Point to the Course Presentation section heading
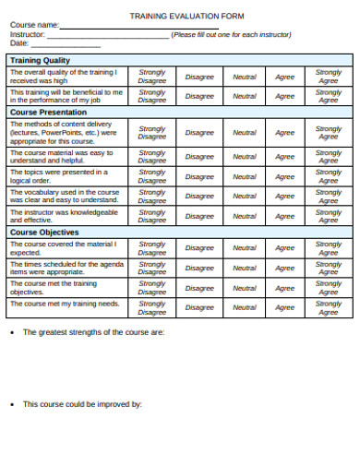(48, 112)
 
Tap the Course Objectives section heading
(43, 233)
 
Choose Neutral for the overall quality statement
(245, 77)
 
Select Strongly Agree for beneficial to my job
(329, 96)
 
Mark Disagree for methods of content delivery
(199, 132)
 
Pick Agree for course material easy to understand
(285, 156)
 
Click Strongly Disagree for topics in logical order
(151, 176)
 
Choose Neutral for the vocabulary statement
(245, 196)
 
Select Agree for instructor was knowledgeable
(285, 216)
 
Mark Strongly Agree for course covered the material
(329, 247)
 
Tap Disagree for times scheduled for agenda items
(199, 268)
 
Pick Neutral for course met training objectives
(245, 288)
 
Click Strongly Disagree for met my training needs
(151, 307)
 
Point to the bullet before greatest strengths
(10, 332)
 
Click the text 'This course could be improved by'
(82, 403)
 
